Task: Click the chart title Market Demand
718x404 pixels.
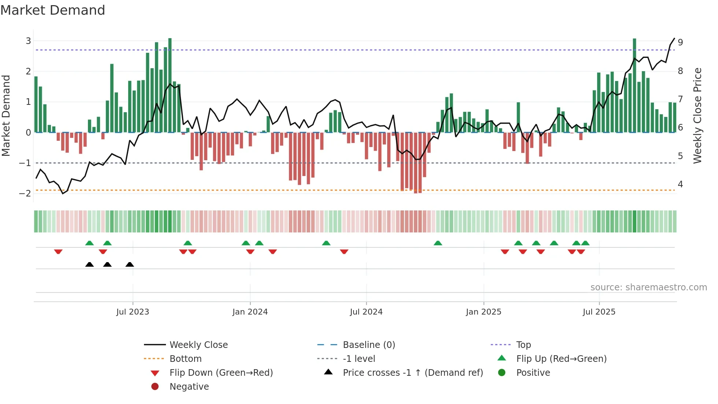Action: pyautogui.click(x=53, y=10)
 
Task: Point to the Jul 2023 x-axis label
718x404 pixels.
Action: pyautogui.click(x=133, y=312)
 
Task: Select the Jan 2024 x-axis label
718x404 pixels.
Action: pyautogui.click(x=250, y=312)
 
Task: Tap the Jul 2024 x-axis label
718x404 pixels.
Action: pyautogui.click(x=366, y=312)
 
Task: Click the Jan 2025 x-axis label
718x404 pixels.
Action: pyautogui.click(x=484, y=312)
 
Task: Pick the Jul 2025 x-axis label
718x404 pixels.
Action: pyautogui.click(x=599, y=312)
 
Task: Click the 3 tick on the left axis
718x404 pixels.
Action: pyautogui.click(x=28, y=41)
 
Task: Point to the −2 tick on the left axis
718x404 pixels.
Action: pyautogui.click(x=25, y=193)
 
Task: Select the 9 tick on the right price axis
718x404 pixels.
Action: pyautogui.click(x=680, y=42)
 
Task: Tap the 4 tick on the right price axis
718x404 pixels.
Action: pyautogui.click(x=680, y=184)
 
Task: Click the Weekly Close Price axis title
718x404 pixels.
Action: pyautogui.click(x=697, y=115)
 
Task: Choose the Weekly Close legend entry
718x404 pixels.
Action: pyautogui.click(x=199, y=345)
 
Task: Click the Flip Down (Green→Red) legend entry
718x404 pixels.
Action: pyautogui.click(x=221, y=372)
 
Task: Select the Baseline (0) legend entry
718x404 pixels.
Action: pyautogui.click(x=369, y=345)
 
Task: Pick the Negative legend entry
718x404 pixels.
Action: pyautogui.click(x=189, y=386)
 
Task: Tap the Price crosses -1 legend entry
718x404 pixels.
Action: pyautogui.click(x=413, y=372)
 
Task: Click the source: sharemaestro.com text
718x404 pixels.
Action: pyautogui.click(x=648, y=287)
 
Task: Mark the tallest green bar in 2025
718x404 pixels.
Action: pyautogui.click(x=634, y=85)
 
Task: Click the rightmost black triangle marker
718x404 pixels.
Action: pyautogui.click(x=130, y=264)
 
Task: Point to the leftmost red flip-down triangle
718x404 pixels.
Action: pyautogui.click(x=58, y=251)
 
